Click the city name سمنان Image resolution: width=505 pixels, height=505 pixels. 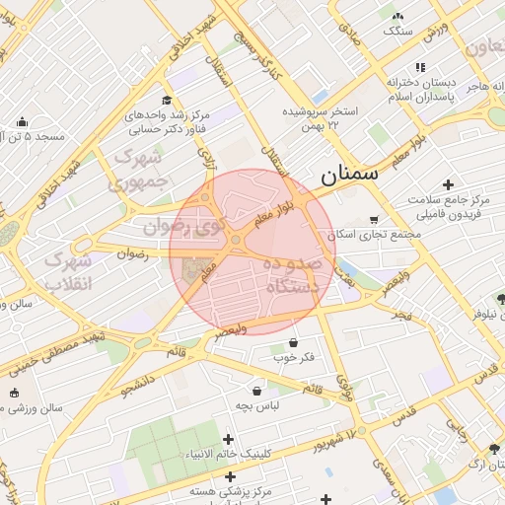tap(349, 176)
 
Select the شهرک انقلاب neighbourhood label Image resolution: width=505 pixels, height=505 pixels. tap(69, 271)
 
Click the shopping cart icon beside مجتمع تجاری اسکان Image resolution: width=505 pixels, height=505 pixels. tap(373, 219)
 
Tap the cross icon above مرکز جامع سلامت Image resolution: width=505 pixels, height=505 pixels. tap(449, 184)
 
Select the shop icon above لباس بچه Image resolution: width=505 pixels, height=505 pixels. tap(257, 391)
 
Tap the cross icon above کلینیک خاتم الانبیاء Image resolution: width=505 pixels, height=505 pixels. tap(229, 439)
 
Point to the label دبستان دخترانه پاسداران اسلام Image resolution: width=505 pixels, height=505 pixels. tap(419, 89)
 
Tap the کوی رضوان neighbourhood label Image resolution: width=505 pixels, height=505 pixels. tap(213, 230)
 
